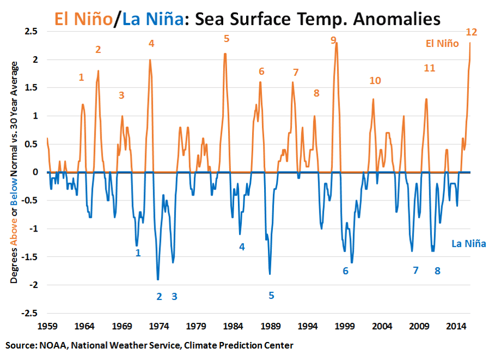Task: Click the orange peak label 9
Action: pyautogui.click(x=333, y=40)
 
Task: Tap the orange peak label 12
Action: pyautogui.click(x=472, y=32)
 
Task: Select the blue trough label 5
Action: pyautogui.click(x=271, y=296)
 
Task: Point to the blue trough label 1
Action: pyautogui.click(x=138, y=252)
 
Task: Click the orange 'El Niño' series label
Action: pyautogui.click(x=443, y=44)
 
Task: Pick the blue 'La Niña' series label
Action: pyautogui.click(x=468, y=244)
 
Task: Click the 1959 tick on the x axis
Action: pyautogui.click(x=47, y=326)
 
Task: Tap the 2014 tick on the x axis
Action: pyautogui.click(x=456, y=326)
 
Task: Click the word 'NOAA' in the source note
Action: pyautogui.click(x=50, y=345)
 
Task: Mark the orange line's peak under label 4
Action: pyautogui.click(x=150, y=60)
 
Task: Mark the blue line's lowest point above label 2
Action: pyautogui.click(x=158, y=279)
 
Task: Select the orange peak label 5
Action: pyautogui.click(x=226, y=38)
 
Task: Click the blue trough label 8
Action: pyautogui.click(x=437, y=270)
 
